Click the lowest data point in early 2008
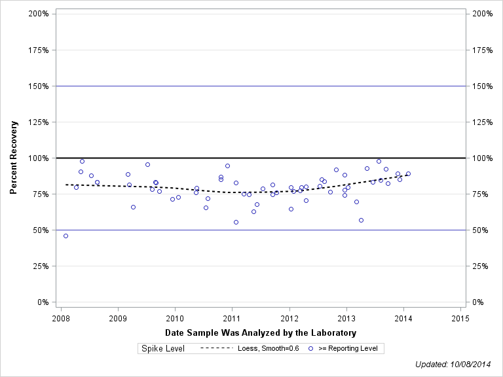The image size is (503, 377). click(65, 236)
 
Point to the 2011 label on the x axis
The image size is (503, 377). click(232, 319)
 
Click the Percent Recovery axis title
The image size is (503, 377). click(14, 158)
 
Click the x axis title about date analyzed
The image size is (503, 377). click(261, 332)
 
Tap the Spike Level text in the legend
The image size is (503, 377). click(163, 349)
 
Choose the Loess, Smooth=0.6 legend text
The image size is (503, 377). click(269, 349)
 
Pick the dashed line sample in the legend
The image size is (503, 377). click(216, 349)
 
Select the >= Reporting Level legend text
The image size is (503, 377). click(348, 349)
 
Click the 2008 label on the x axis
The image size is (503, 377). click(60, 319)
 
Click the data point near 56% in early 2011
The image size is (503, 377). click(236, 222)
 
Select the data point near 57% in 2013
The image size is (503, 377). click(361, 220)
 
